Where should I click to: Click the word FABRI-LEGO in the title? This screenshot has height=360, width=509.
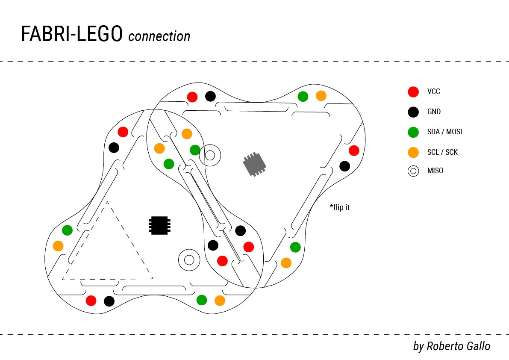coord(72,35)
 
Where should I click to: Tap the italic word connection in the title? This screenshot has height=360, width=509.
coord(159,36)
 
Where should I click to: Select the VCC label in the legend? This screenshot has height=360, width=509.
coord(433,91)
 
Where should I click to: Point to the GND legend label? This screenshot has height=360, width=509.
coord(434,112)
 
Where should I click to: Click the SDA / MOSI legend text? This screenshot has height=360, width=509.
coord(444,132)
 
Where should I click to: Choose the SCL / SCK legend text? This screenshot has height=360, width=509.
coord(442,152)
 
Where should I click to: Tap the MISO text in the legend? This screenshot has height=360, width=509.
coord(435,171)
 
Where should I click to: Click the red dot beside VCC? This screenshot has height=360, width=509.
coord(413,91)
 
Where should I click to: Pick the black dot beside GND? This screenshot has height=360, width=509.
coord(413,112)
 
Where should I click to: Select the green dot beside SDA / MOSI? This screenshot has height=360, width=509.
coord(413,132)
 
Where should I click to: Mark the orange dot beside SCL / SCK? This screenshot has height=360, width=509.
coord(413,152)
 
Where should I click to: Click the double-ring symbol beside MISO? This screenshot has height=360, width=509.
coord(413,171)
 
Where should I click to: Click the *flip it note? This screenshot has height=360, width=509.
coord(340,208)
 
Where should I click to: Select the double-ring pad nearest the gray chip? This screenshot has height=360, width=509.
coord(210,155)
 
